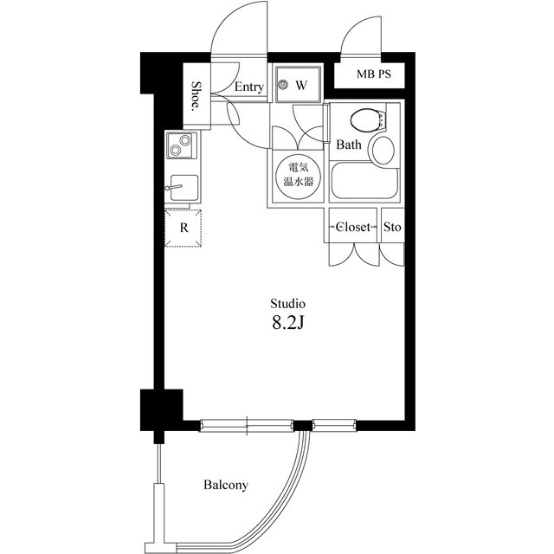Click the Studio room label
click(x=287, y=304)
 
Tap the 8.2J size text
click(x=287, y=323)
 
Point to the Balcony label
click(x=226, y=485)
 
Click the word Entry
click(x=249, y=87)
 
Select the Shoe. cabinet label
click(x=196, y=96)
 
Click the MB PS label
click(x=373, y=74)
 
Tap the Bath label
click(x=349, y=145)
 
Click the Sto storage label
click(x=392, y=227)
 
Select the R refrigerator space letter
click(x=184, y=228)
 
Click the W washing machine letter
click(x=301, y=85)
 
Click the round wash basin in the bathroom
click(x=383, y=150)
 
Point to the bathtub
click(x=365, y=180)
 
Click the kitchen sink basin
click(x=184, y=187)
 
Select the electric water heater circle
click(x=298, y=174)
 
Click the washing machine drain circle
click(x=283, y=85)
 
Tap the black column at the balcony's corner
click(x=162, y=409)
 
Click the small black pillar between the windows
click(x=302, y=426)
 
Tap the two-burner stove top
click(x=182, y=145)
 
